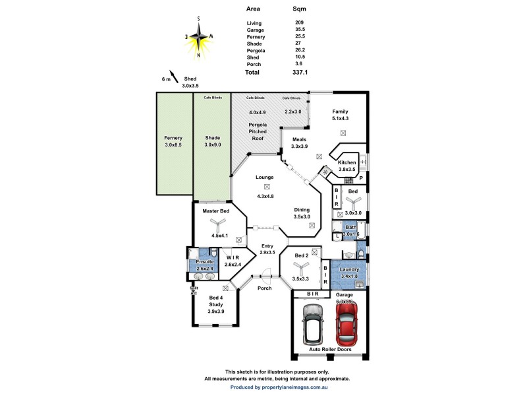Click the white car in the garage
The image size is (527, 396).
click(313, 323)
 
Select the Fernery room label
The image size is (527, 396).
click(174, 138)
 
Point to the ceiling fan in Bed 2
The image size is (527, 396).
click(302, 267)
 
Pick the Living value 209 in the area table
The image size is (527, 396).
click(300, 23)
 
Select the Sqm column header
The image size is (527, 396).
click(299, 10)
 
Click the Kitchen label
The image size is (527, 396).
click(347, 162)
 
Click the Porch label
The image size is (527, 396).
click(264, 288)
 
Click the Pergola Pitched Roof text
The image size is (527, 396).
click(258, 131)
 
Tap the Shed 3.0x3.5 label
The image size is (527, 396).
click(190, 82)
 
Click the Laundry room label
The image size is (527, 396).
click(348, 269)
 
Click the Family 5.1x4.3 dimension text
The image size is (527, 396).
click(340, 119)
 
